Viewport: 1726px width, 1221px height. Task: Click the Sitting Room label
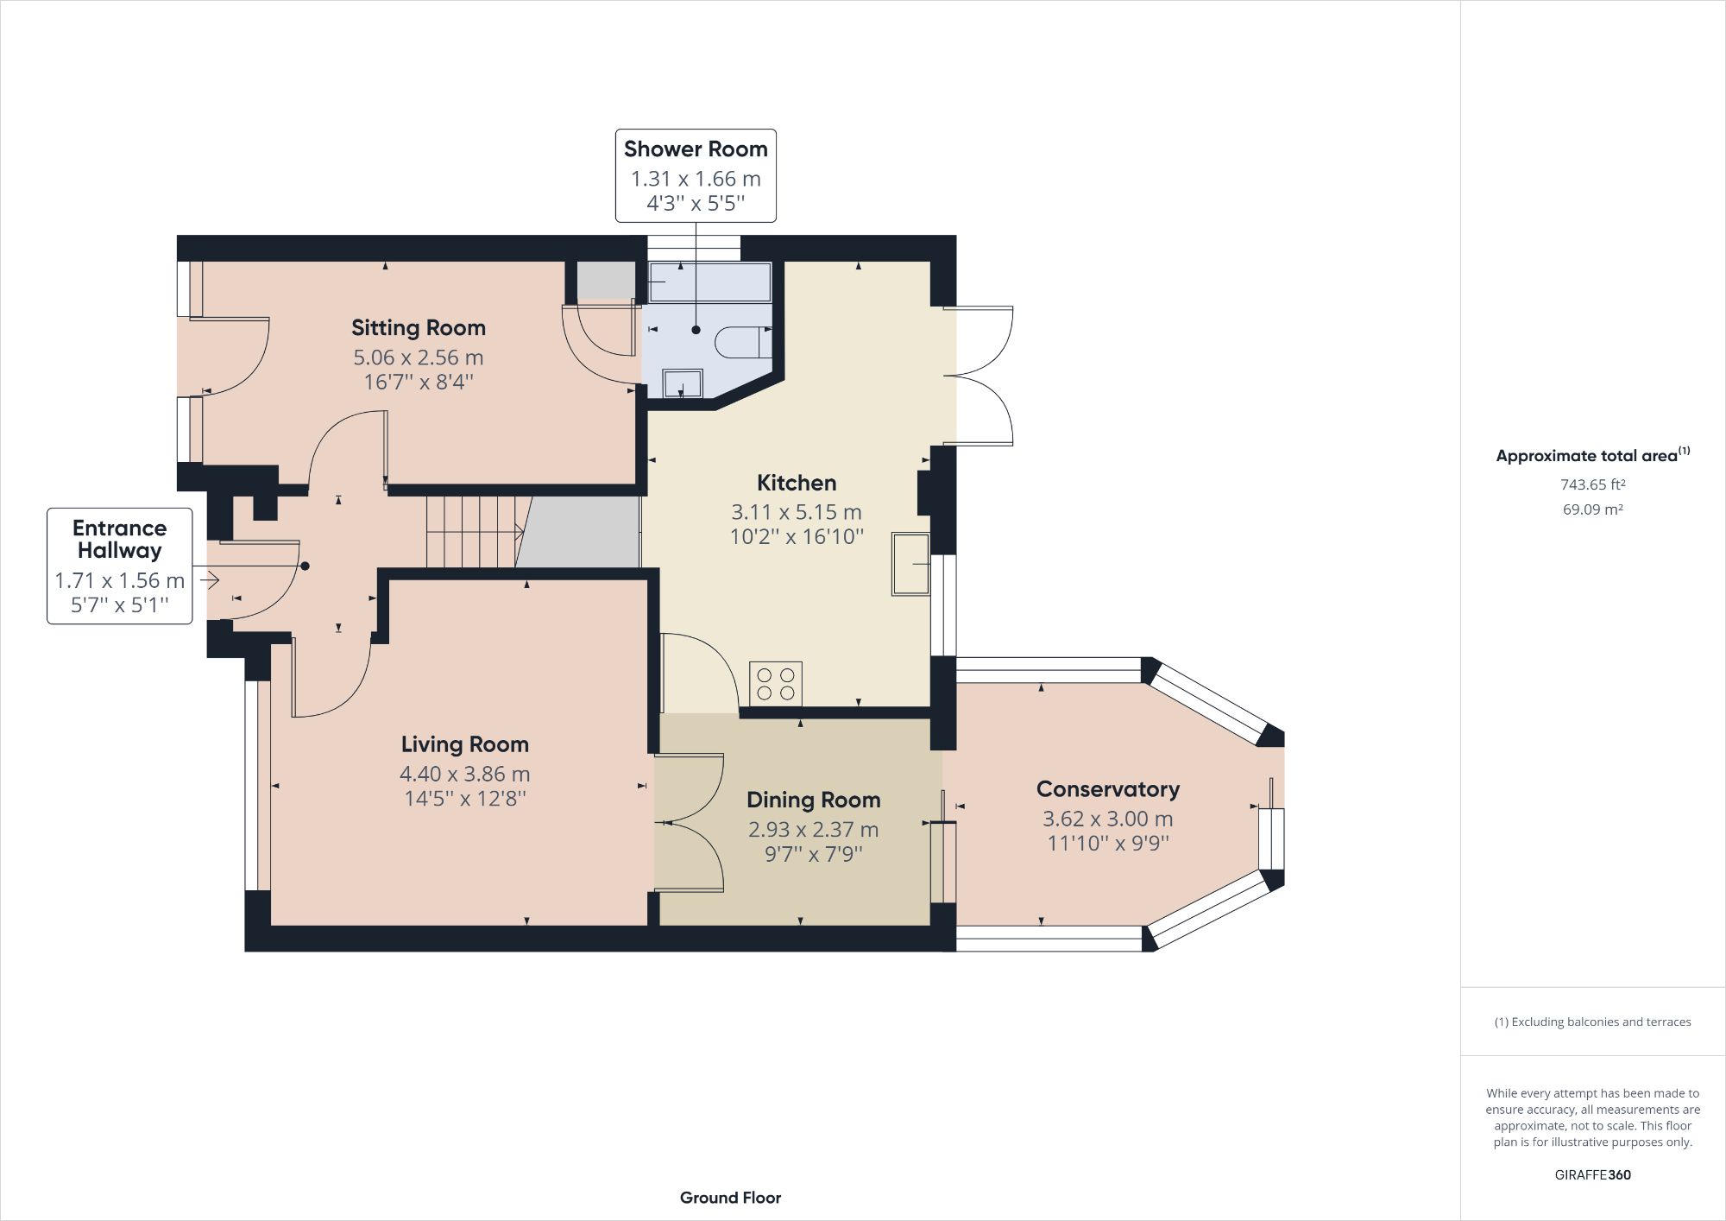click(419, 328)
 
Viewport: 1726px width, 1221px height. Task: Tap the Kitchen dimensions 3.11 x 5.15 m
click(796, 512)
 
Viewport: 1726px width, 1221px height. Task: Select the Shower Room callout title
click(696, 149)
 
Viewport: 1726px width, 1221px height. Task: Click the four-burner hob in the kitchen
click(775, 683)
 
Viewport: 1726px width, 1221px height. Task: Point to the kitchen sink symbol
click(910, 564)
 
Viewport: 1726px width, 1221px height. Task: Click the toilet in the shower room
click(742, 342)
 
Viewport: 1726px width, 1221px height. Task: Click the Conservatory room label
click(1107, 789)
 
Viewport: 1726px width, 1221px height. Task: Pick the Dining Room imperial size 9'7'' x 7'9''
click(813, 854)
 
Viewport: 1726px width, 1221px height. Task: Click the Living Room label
click(464, 744)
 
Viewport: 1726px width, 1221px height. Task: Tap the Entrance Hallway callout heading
click(119, 539)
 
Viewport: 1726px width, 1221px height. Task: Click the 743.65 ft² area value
click(1592, 484)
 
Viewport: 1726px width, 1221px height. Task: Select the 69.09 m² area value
click(1592, 509)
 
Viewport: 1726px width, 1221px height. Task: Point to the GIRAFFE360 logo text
click(1592, 1174)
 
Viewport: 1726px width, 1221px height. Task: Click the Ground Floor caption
click(730, 1198)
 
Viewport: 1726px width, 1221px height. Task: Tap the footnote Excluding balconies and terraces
click(1592, 1022)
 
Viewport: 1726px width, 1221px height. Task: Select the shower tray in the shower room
click(709, 282)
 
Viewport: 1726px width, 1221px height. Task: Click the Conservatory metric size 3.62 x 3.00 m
click(1107, 819)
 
